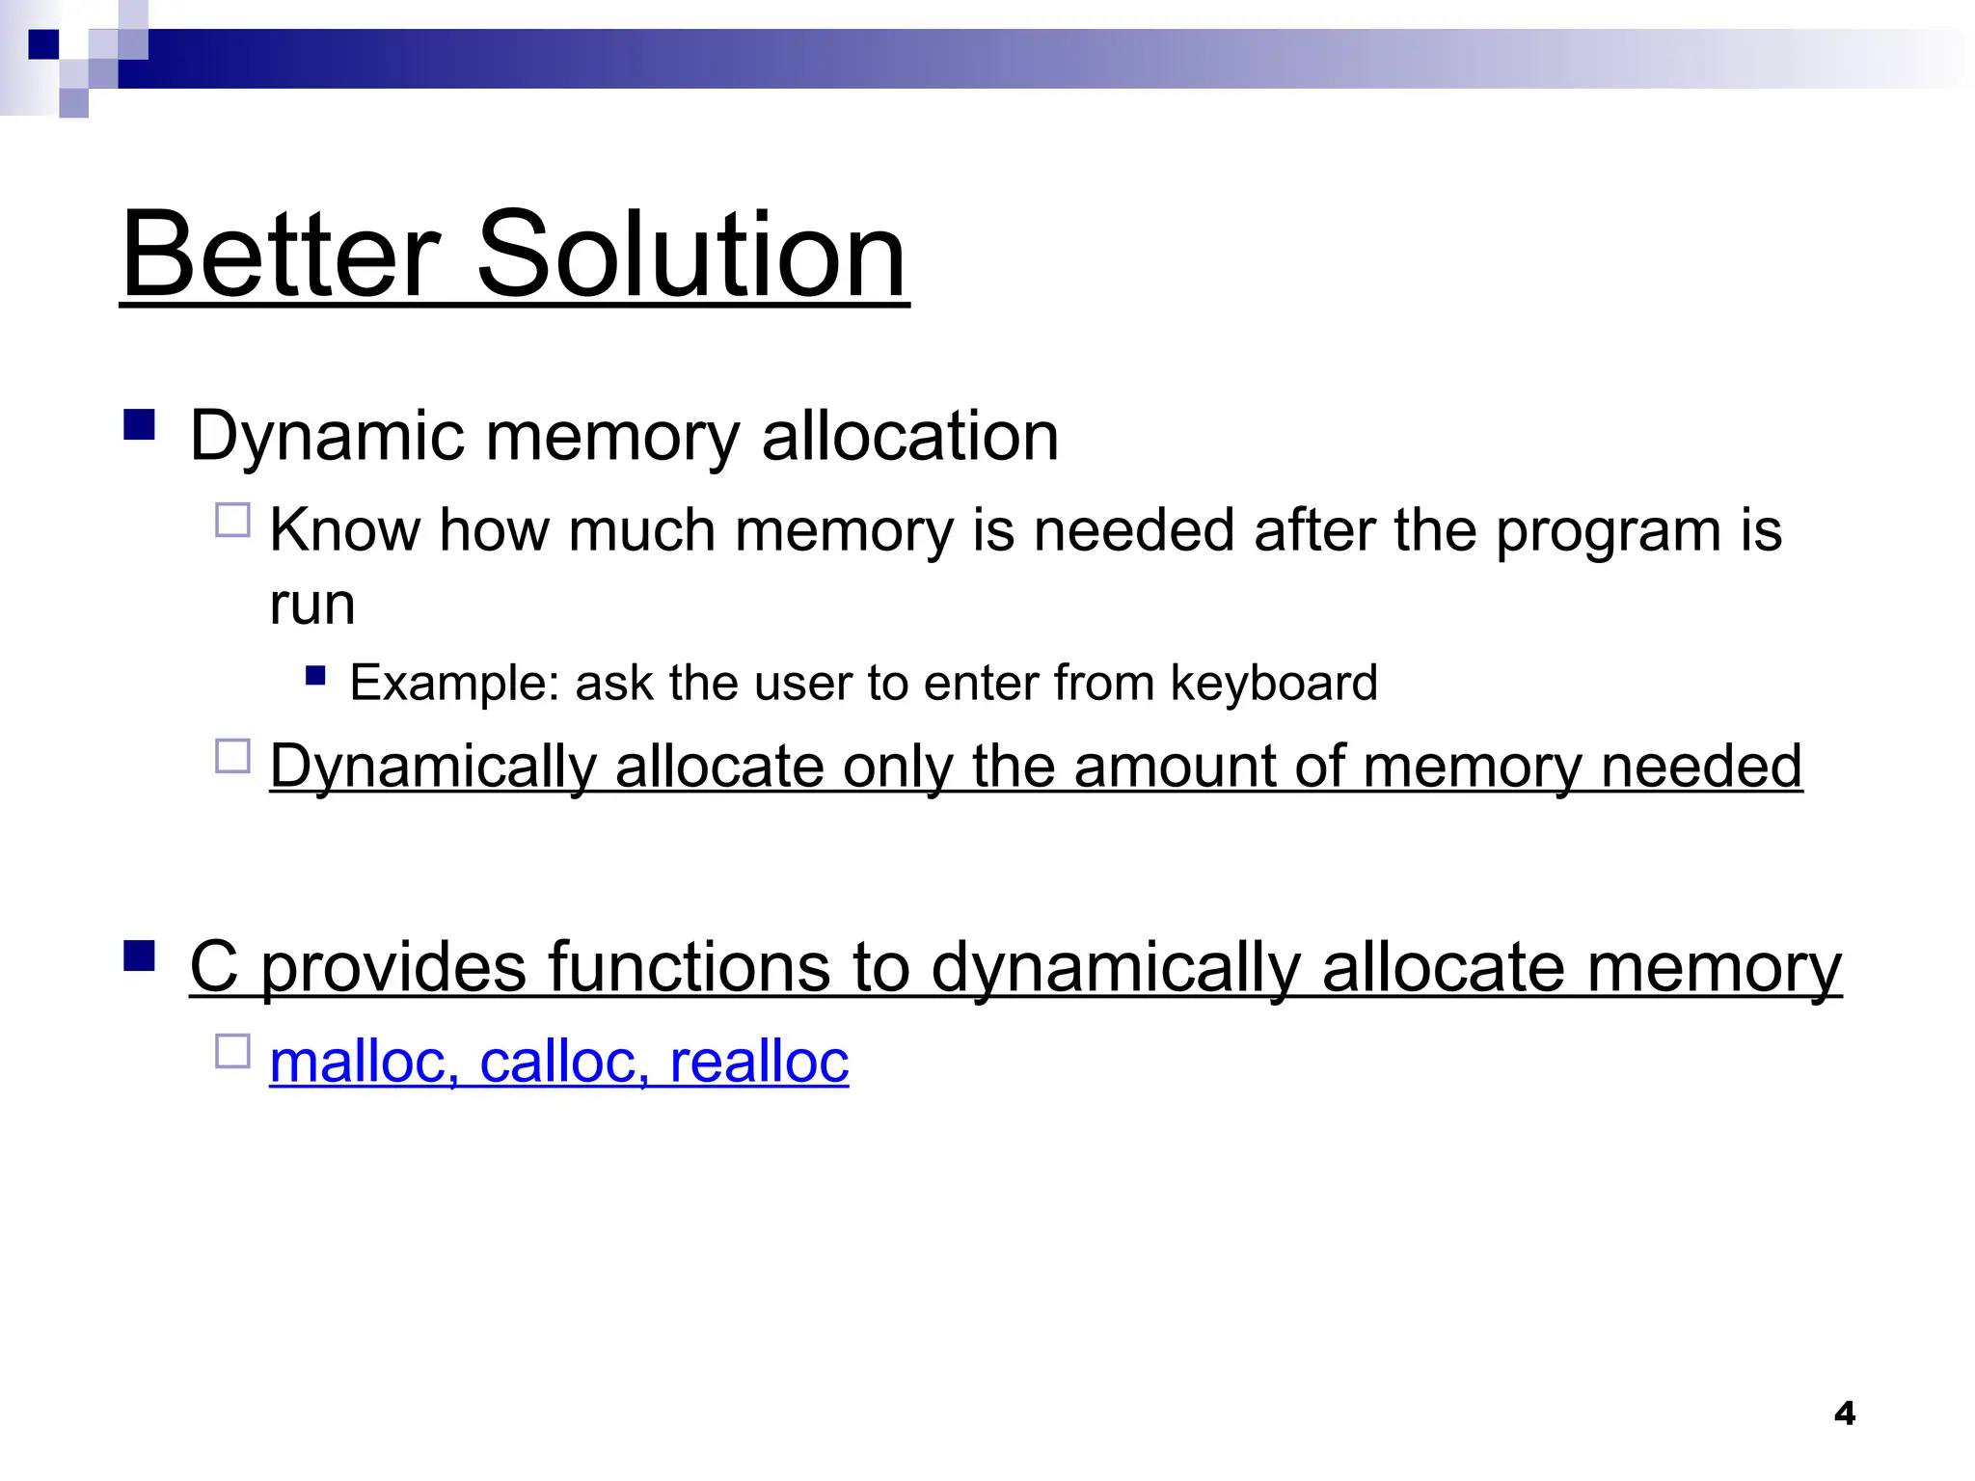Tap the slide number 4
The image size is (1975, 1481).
(1844, 1414)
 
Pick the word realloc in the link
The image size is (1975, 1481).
(759, 1062)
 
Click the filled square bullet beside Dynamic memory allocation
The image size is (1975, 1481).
(140, 425)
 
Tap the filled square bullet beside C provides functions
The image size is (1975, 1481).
(140, 956)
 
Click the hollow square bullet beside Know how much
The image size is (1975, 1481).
(232, 521)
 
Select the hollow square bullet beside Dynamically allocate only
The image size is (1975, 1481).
(232, 756)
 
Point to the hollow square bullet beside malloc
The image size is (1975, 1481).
(232, 1051)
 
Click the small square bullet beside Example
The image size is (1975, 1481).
(315, 675)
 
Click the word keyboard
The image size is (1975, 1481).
(1274, 683)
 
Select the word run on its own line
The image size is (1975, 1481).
(312, 606)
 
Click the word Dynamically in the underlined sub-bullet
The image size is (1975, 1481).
(433, 767)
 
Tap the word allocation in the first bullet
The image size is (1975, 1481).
(910, 436)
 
